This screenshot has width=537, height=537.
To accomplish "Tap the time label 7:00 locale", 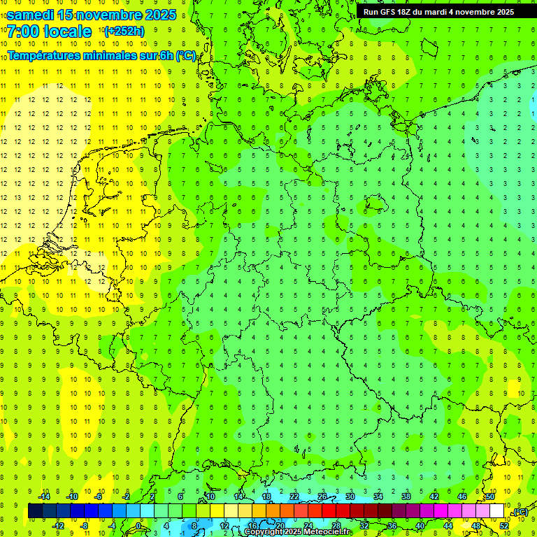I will [x=49, y=31].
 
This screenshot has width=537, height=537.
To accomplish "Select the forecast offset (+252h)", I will [x=124, y=31].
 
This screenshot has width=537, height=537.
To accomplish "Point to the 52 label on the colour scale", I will [x=504, y=526].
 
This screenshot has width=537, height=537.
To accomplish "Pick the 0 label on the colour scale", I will [x=138, y=526].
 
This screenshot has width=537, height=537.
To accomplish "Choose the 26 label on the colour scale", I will [x=323, y=496].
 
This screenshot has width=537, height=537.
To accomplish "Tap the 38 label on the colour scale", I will [x=406, y=496].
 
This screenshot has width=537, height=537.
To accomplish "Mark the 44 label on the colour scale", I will [x=448, y=526].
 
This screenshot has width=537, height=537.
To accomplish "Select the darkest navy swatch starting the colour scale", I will [x=35, y=511].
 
